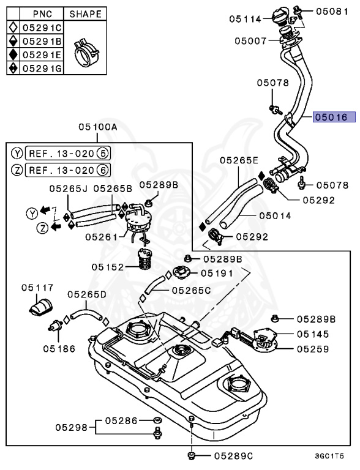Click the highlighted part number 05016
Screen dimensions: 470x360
(x=331, y=117)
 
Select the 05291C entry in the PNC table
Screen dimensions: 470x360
(x=42, y=28)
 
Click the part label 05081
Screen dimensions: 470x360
(x=333, y=10)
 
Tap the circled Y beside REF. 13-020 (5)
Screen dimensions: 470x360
(x=17, y=152)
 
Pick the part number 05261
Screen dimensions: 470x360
(x=101, y=236)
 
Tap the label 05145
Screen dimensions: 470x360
(x=313, y=334)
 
